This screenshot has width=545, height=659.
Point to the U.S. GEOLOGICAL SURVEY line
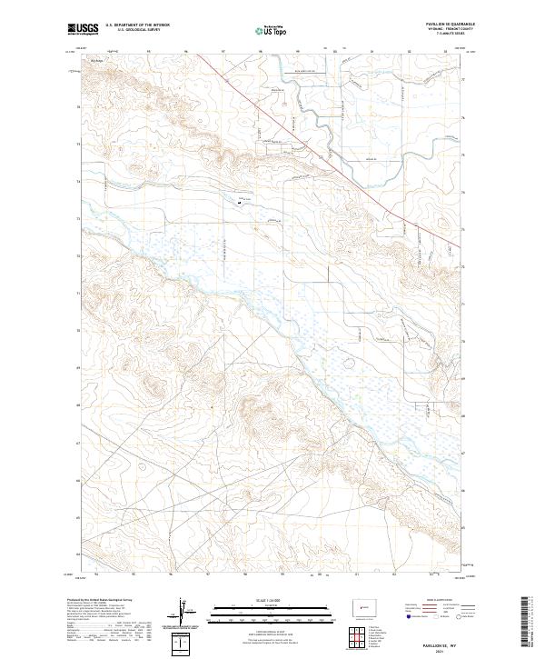(135, 32)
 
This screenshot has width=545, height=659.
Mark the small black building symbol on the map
(240, 203)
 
